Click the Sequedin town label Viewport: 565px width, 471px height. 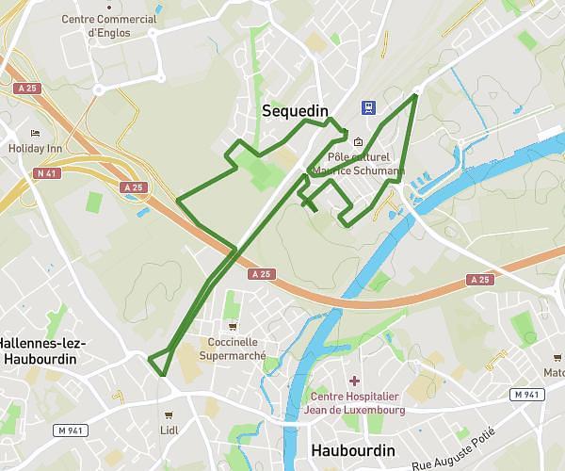pos(295,111)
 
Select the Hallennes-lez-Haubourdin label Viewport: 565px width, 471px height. pos(42,351)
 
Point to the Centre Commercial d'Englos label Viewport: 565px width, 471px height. pos(110,25)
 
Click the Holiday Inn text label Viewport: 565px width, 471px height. pos(34,148)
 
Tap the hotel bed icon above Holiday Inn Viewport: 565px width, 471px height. pos(35,133)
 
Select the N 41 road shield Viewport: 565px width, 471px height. pos(44,173)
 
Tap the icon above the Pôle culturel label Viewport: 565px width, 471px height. pos(345,142)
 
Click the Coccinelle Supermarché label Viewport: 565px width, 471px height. pos(233,349)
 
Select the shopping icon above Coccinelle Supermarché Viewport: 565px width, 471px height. pos(233,326)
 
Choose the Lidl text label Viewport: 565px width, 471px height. pos(169,430)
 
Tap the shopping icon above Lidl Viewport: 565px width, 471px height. pos(169,414)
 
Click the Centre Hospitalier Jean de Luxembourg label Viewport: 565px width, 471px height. pos(356,403)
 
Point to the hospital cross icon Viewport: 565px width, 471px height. pos(354,381)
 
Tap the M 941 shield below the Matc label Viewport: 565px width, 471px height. pos(528,394)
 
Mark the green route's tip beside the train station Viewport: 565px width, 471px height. pos(416,94)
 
